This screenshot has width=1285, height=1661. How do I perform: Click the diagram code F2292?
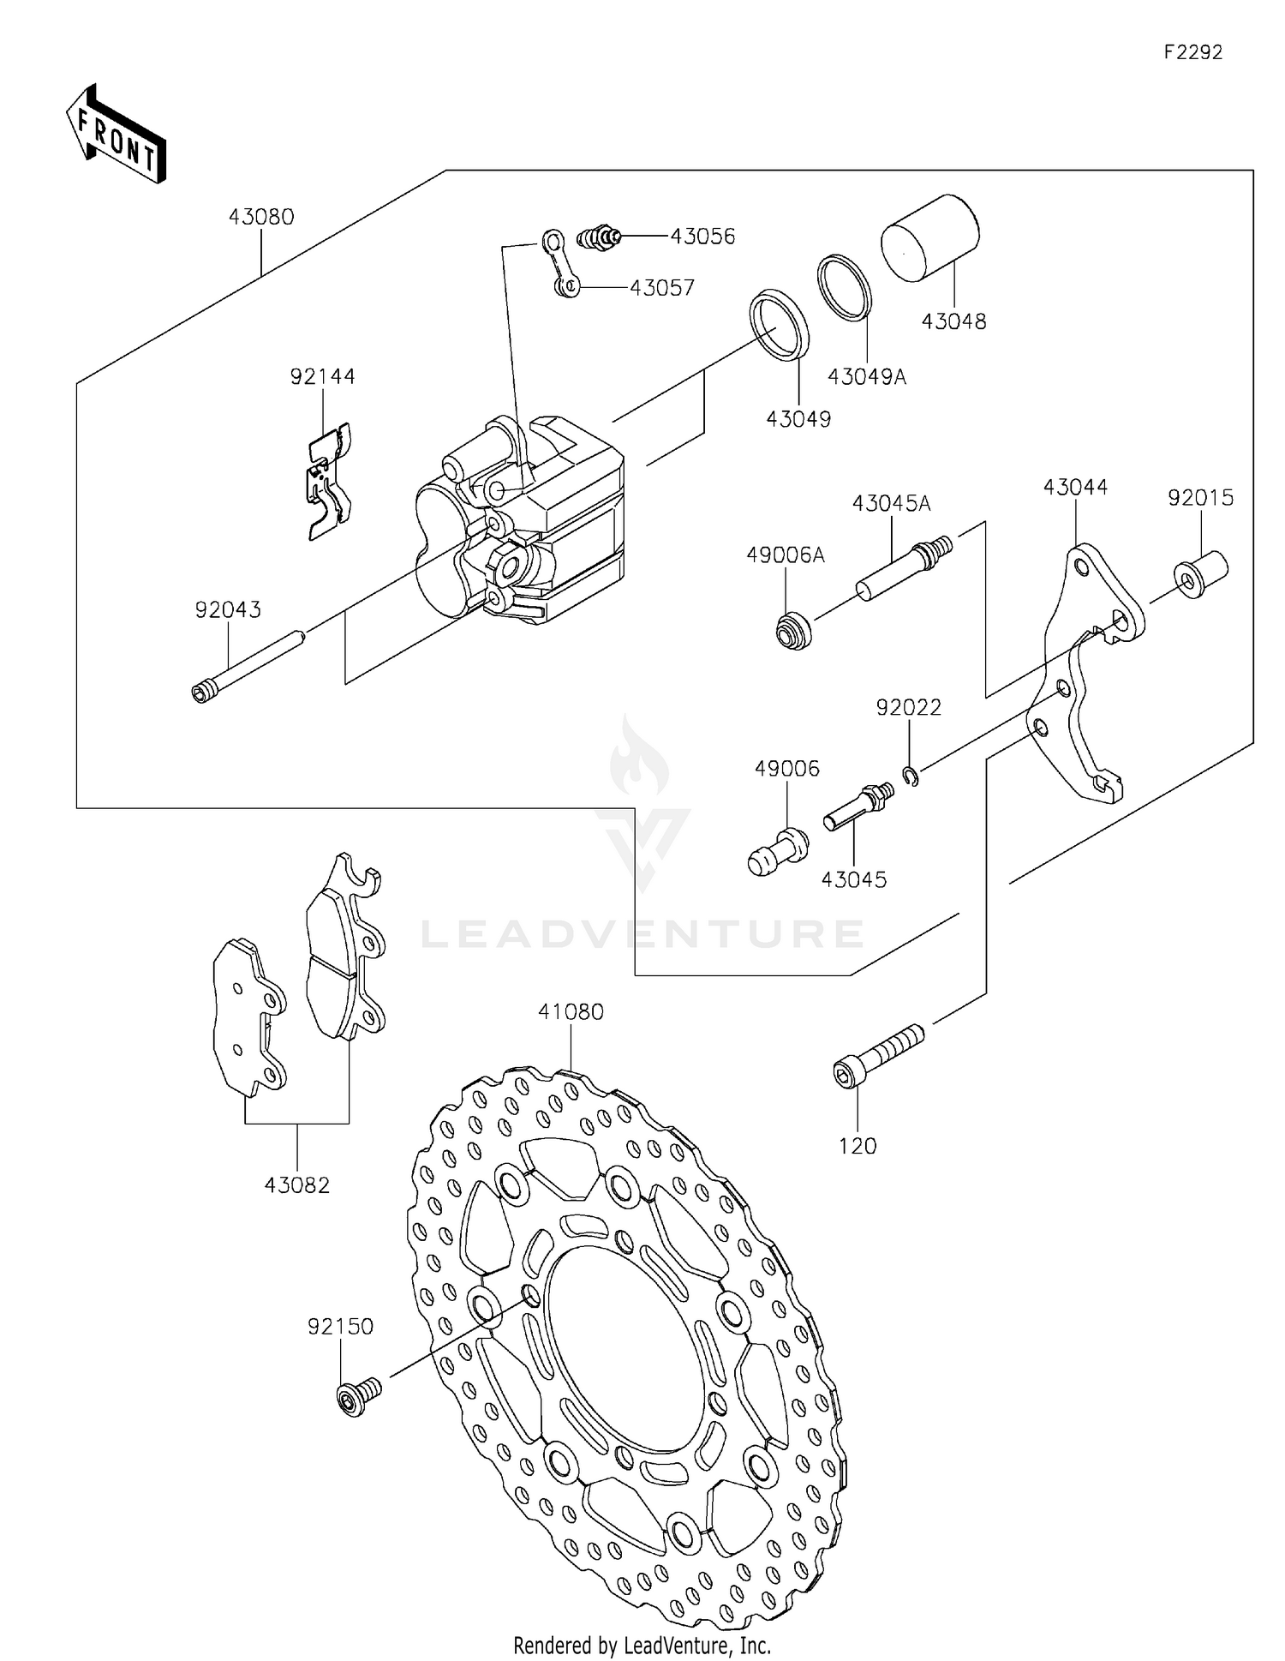pos(1192,52)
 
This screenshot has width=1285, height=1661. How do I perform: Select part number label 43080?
pos(261,217)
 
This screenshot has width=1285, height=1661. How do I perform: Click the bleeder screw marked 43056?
pos(600,236)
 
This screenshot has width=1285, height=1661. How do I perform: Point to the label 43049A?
pos(866,376)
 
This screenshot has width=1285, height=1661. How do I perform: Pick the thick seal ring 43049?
pos(780,326)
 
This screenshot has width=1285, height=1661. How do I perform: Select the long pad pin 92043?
pos(248,665)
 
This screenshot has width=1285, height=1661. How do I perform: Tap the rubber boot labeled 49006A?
pos(792,631)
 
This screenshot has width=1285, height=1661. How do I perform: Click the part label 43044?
pos(1075,487)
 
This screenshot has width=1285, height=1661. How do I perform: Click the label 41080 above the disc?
pos(571,1011)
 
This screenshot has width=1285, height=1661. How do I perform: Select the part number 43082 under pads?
pos(296,1184)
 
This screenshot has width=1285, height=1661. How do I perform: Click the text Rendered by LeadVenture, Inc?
pos(642,1645)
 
